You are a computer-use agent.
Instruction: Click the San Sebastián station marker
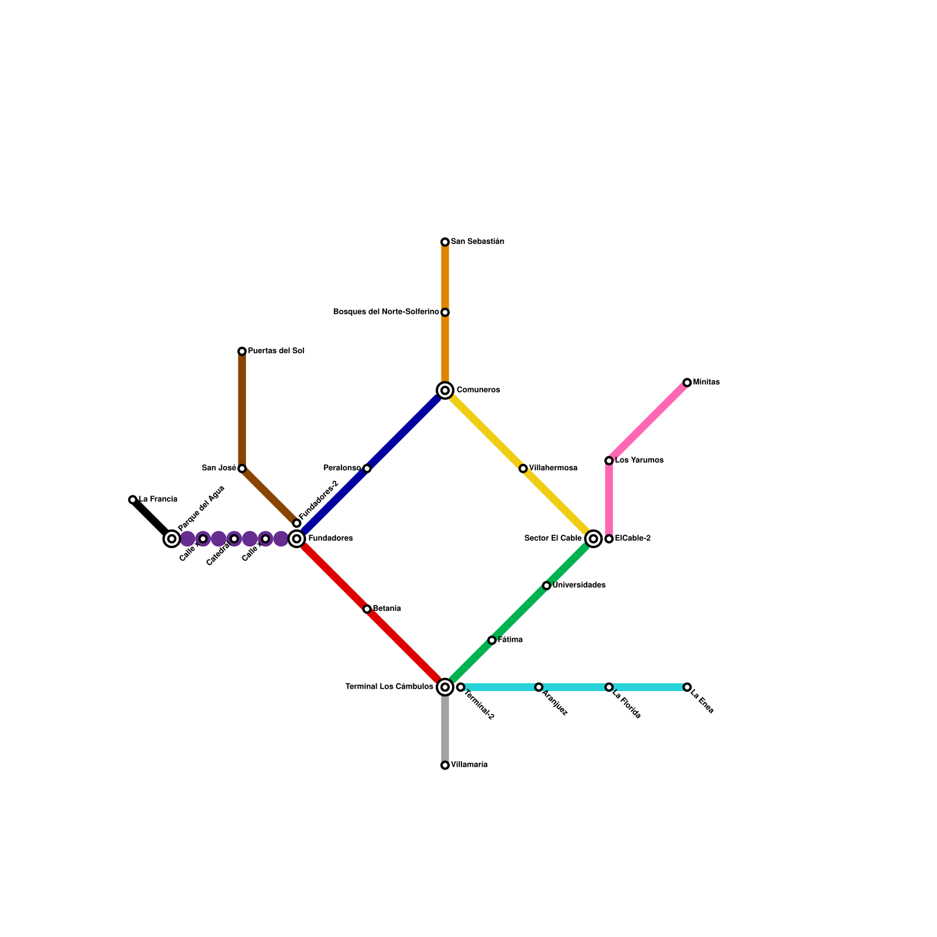(x=445, y=242)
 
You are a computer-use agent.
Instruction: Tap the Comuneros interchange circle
(x=445, y=390)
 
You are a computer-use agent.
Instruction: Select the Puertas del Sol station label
(x=276, y=351)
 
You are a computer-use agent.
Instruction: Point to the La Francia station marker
(x=133, y=500)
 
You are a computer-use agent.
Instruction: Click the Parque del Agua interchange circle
(x=172, y=539)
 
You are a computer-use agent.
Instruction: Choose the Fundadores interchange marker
(x=297, y=539)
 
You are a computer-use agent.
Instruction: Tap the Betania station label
(x=387, y=608)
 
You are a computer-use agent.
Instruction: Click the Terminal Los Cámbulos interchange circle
(x=445, y=687)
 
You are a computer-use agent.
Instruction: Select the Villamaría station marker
(x=445, y=765)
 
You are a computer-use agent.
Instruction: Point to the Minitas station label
(x=706, y=382)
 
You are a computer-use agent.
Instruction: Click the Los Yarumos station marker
(x=609, y=461)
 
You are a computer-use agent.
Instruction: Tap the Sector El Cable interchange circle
(x=593, y=539)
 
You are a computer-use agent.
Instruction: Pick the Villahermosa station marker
(x=523, y=468)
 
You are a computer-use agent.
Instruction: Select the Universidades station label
(x=579, y=585)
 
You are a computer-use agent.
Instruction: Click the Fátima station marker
(x=492, y=640)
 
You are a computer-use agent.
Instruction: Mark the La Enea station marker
(x=687, y=687)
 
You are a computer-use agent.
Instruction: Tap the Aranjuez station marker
(x=539, y=687)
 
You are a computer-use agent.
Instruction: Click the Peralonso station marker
(x=367, y=468)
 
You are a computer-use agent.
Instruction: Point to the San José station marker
(x=242, y=468)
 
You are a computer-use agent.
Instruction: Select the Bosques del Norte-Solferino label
(x=386, y=312)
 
